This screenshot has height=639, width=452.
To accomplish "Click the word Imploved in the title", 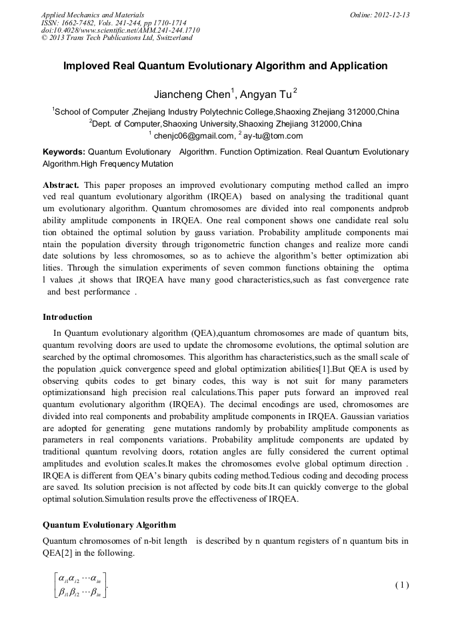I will (88, 66).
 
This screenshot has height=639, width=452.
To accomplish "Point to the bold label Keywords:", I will (64, 152).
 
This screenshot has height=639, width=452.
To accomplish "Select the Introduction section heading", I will (67, 317).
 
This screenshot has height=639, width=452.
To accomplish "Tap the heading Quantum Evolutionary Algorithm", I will (109, 525).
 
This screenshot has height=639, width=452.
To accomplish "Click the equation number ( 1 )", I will (401, 585).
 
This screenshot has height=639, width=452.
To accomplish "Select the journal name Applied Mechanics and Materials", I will (92, 15).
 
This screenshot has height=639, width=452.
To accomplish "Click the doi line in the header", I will (120, 31).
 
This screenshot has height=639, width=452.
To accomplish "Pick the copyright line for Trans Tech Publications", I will (117, 38).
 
